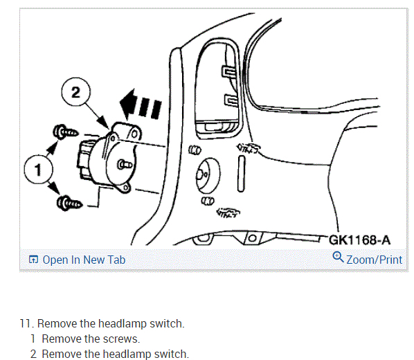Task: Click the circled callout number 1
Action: pos(39,170)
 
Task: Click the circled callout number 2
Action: pos(75,92)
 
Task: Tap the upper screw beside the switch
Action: pos(65,132)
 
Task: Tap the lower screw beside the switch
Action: pos(69,204)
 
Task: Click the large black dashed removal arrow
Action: pos(141,105)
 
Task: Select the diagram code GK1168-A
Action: pos(359,240)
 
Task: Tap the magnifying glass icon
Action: pos(338,257)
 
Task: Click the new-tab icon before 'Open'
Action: pos(33,260)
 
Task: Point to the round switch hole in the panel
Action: pos(208,175)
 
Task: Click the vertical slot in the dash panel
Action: pos(241,174)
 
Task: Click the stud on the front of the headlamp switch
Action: pos(125,165)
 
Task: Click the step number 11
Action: pos(26,324)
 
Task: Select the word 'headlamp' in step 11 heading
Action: pos(123,324)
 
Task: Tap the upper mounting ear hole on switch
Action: pos(134,134)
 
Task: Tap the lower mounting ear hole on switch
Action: pos(126,188)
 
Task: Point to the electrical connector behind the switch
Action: pos(85,159)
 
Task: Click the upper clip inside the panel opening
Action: pos(228,71)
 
